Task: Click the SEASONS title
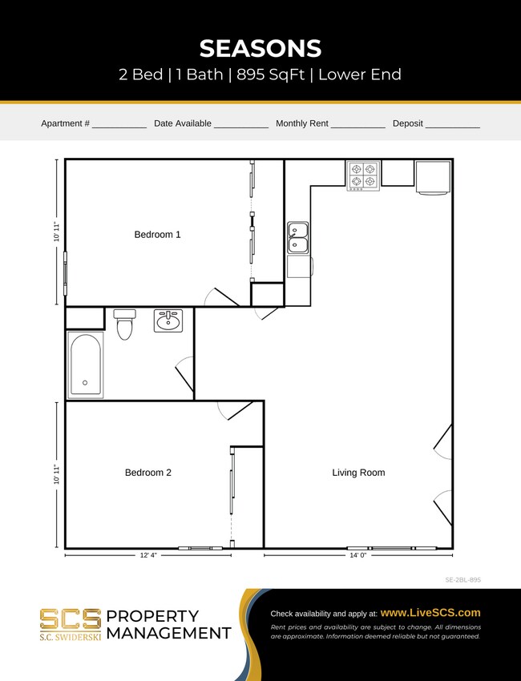point(260,48)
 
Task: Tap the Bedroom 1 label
point(157,235)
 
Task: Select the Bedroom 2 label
point(147,473)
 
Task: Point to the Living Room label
point(358,473)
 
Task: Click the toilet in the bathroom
point(124,324)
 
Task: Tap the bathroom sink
point(168,320)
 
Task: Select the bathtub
point(86,365)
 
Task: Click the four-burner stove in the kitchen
point(363,175)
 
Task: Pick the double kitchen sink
point(298,238)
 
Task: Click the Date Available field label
point(183,123)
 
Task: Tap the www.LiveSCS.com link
point(430,613)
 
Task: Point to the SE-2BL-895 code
point(462,579)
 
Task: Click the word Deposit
point(407,123)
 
